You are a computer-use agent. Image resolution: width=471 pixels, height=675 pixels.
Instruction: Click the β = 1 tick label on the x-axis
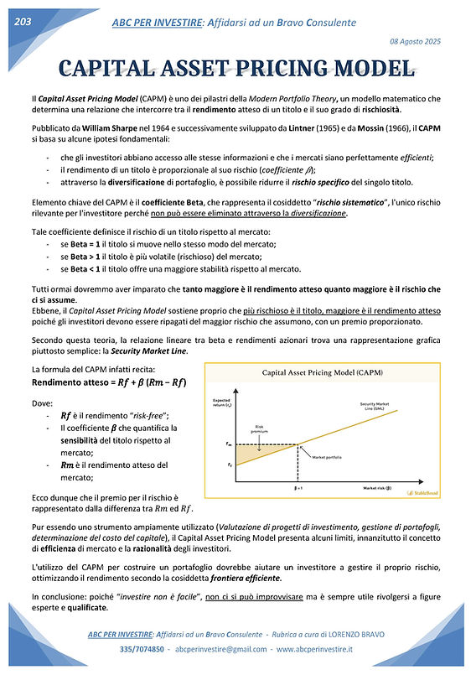298,487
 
